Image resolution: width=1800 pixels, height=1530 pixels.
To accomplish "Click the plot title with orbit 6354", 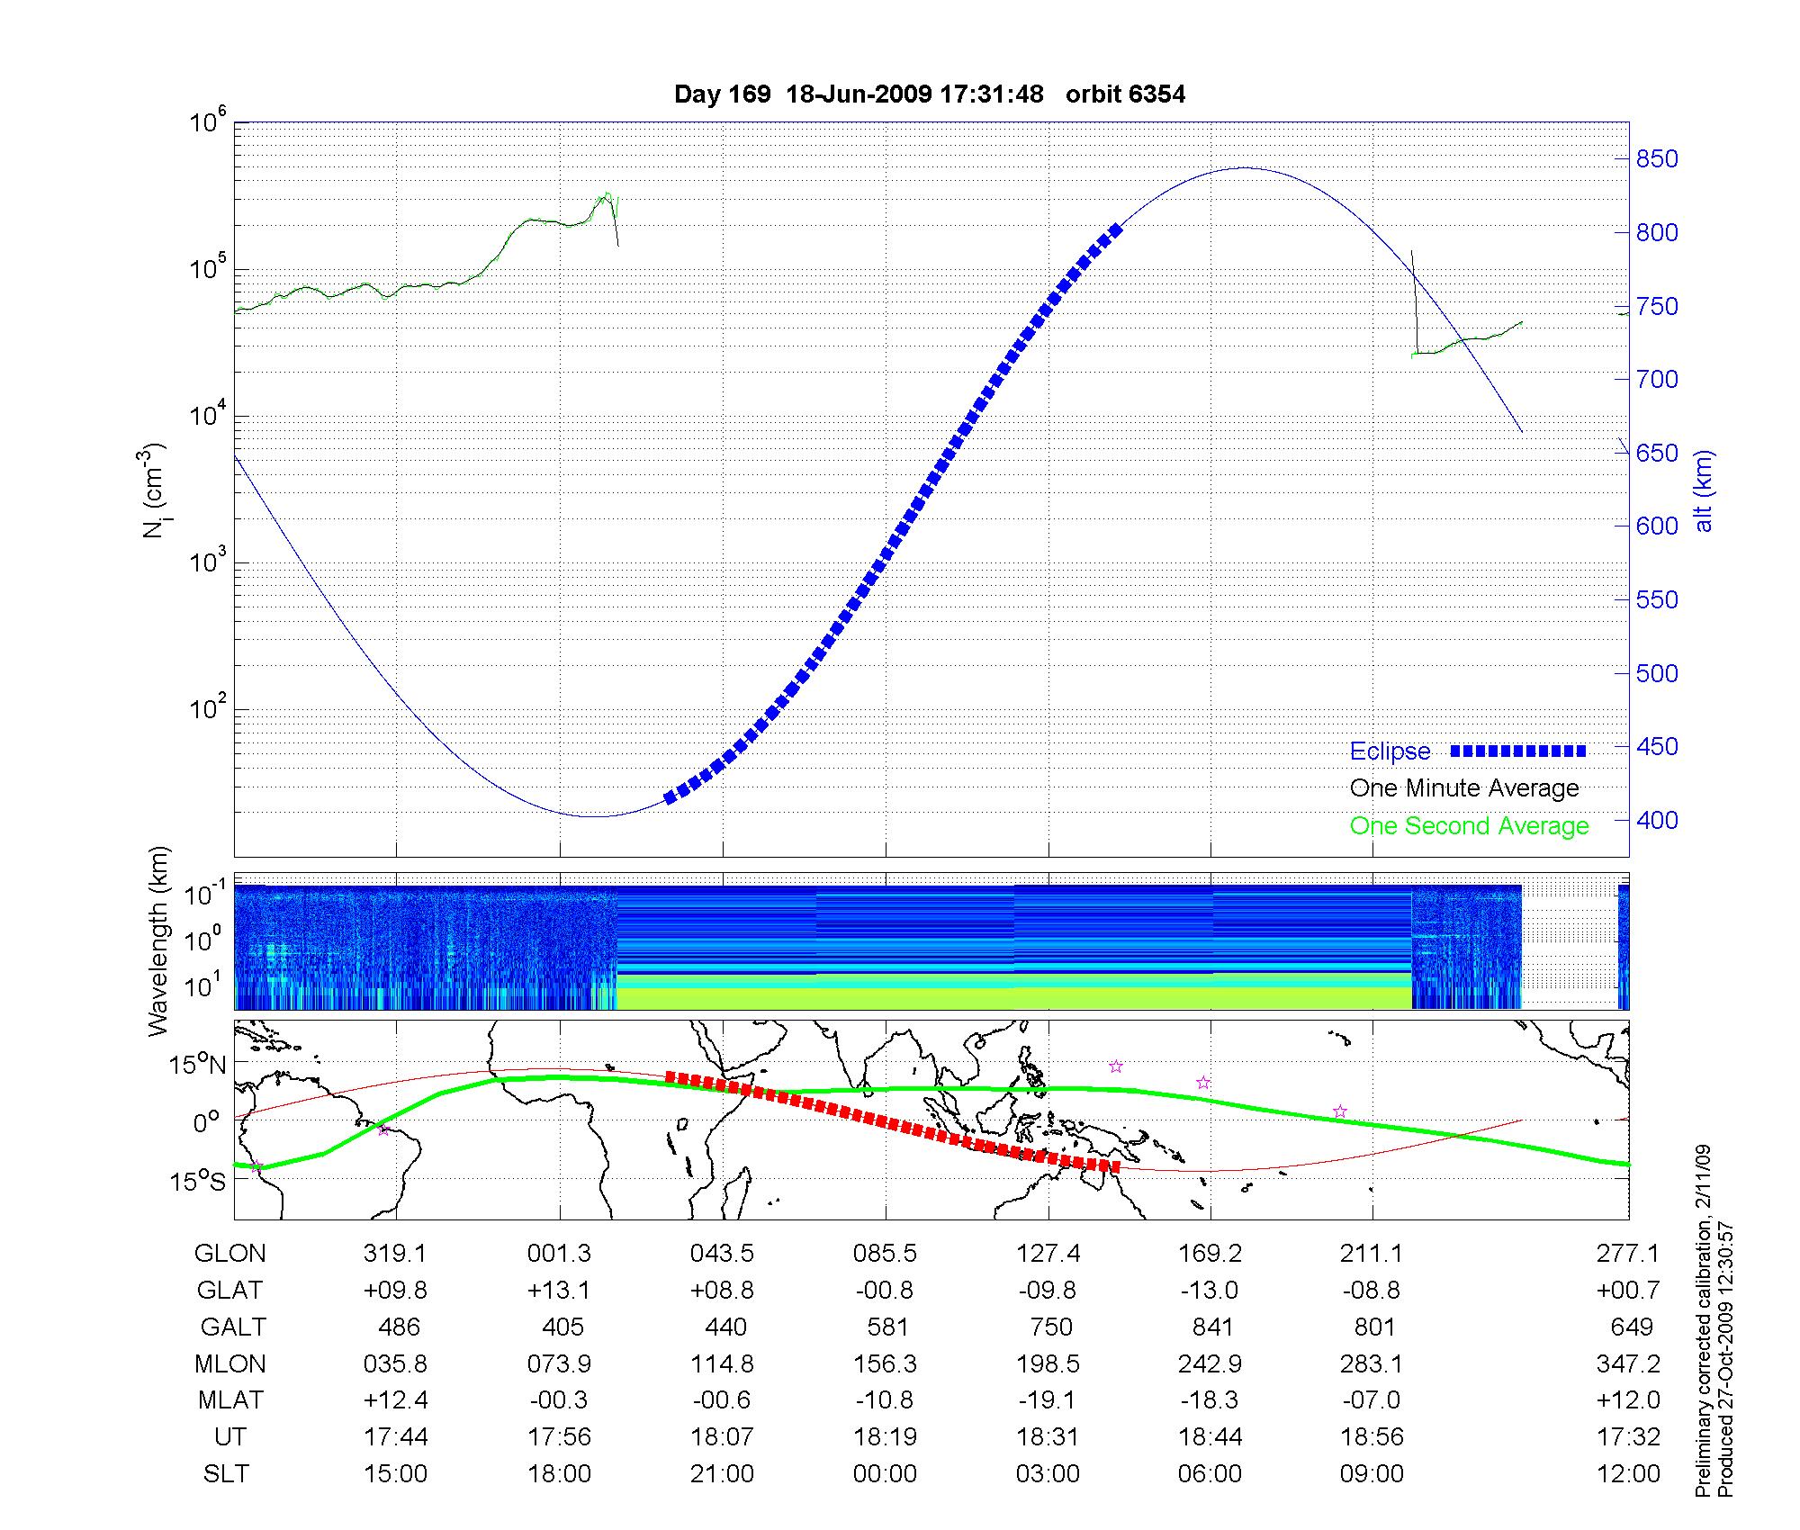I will [x=929, y=94].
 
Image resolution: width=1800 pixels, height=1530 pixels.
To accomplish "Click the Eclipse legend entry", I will [x=1390, y=751].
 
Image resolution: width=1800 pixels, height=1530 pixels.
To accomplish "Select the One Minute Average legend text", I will [x=1464, y=788].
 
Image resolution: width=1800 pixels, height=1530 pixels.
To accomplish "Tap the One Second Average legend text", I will [x=1469, y=826].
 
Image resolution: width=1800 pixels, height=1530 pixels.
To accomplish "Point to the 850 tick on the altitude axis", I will [x=1657, y=159].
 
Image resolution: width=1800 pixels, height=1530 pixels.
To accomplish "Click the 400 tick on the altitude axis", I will [x=1657, y=820].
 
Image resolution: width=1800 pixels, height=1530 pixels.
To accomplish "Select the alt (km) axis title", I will [x=1703, y=490].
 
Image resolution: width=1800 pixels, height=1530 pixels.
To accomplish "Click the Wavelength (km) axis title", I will [x=158, y=940].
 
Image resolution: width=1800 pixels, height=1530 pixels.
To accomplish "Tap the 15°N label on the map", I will [x=197, y=1065].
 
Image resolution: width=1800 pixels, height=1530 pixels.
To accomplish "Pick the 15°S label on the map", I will [x=197, y=1182].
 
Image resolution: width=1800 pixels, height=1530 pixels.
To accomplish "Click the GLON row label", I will [x=230, y=1254].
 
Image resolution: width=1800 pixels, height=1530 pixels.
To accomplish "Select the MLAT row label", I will [x=230, y=1400].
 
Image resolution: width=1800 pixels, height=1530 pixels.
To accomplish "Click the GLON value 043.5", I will [x=722, y=1254].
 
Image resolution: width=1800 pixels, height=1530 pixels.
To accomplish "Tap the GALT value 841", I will [x=1211, y=1327].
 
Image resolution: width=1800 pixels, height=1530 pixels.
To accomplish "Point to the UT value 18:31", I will [x=1048, y=1437].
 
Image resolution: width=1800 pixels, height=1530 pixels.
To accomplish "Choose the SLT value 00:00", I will [x=885, y=1474].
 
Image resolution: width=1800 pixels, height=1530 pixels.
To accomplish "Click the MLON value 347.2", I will [x=1628, y=1363].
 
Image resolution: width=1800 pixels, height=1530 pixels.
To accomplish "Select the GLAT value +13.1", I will [x=559, y=1291].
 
